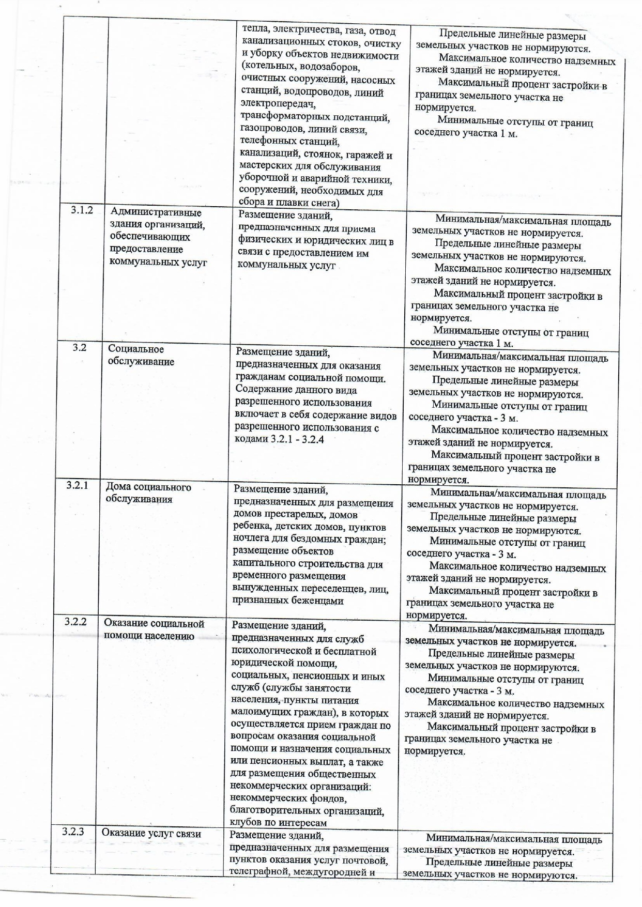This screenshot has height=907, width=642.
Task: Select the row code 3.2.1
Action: [x=77, y=485]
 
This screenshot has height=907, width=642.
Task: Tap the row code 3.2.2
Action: [x=75, y=621]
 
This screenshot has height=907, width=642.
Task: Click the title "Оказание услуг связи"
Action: [x=151, y=833]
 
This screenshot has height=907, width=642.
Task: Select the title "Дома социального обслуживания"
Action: [x=148, y=493]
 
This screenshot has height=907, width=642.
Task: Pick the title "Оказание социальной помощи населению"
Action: [x=154, y=629]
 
